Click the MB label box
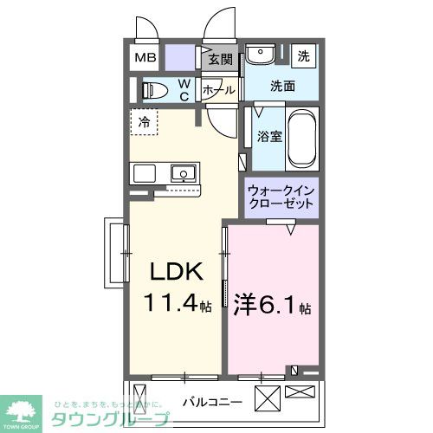pyautogui.click(x=145, y=58)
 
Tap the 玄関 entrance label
pyautogui.click(x=221, y=60)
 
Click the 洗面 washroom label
pyautogui.click(x=282, y=86)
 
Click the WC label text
pyautogui.click(x=184, y=89)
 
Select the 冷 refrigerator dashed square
pyautogui.click(x=145, y=122)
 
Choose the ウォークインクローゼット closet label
pyautogui.click(x=281, y=197)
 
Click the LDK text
pyautogui.click(x=178, y=273)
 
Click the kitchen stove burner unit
pyautogui.click(x=144, y=172)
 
